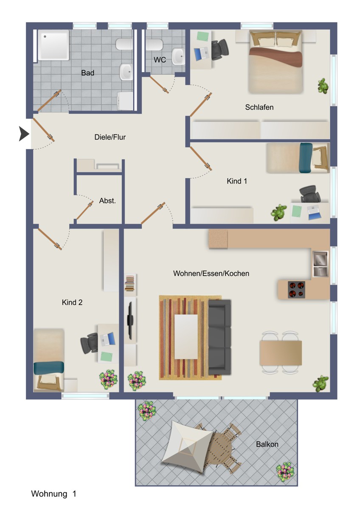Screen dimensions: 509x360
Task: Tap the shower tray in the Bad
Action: (x=53, y=45)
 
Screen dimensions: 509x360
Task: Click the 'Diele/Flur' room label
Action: (x=110, y=137)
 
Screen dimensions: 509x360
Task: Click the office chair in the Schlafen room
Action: (x=219, y=49)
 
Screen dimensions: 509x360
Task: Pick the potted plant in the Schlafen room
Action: (x=323, y=86)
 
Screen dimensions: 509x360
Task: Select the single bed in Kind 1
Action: (x=298, y=158)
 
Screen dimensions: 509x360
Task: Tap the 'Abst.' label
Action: (x=107, y=201)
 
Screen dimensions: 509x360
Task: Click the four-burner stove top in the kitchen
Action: (x=297, y=289)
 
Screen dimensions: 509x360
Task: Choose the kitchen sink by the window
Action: (x=321, y=264)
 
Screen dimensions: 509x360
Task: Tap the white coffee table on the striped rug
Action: (x=186, y=336)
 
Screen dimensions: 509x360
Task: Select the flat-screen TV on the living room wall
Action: (x=131, y=318)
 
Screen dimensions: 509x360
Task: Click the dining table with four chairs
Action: (x=281, y=352)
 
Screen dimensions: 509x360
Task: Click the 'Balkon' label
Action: (x=267, y=445)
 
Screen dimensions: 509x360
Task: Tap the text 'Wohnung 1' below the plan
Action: (x=54, y=494)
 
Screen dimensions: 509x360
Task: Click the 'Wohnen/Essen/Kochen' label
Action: (x=211, y=274)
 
